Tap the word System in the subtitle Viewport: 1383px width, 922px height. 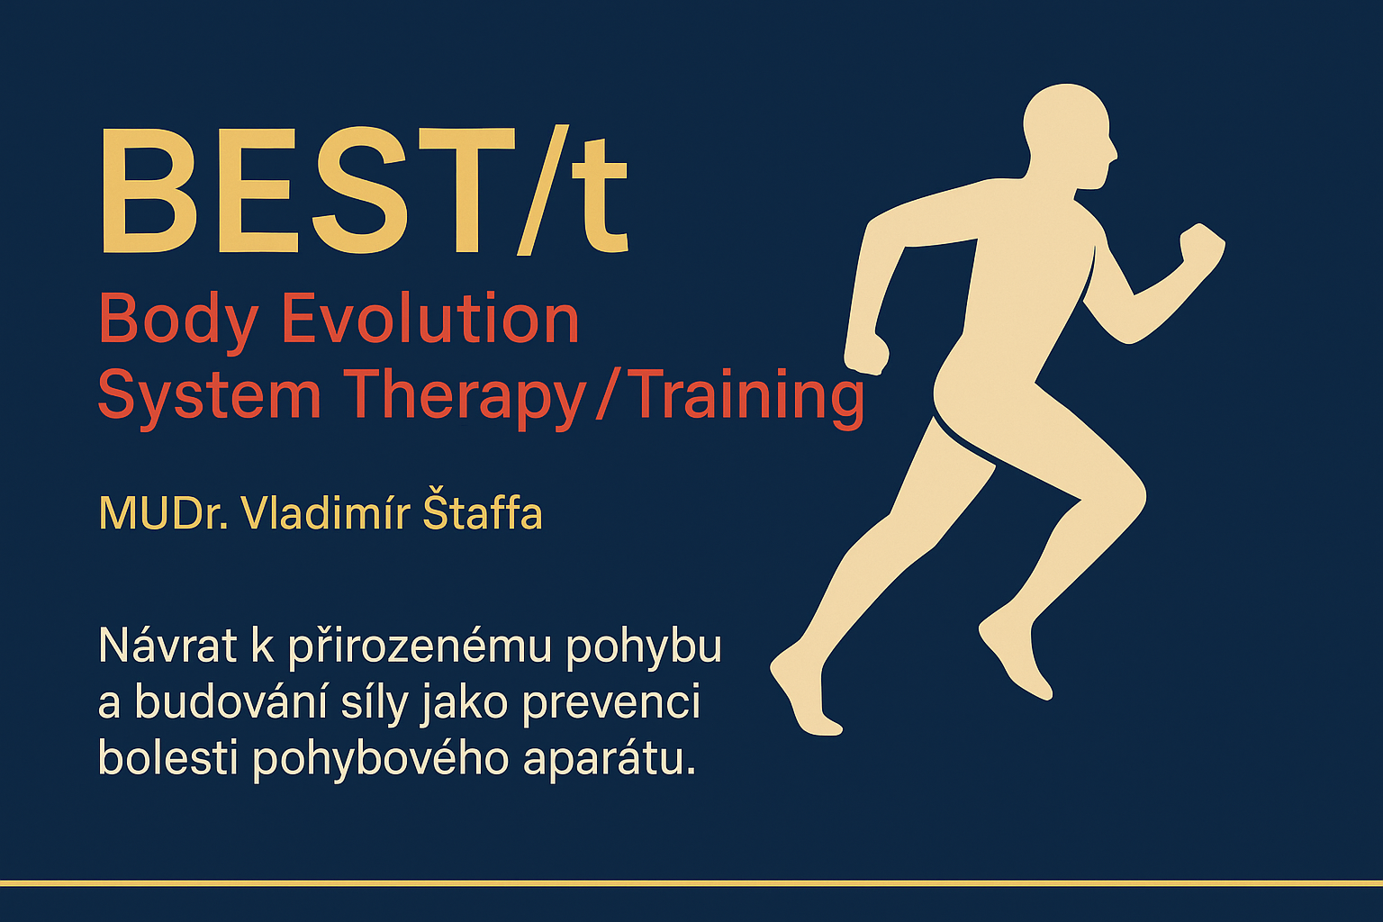[209, 396]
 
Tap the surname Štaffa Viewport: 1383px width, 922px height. [483, 514]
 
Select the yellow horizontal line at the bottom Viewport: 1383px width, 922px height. [691, 883]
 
